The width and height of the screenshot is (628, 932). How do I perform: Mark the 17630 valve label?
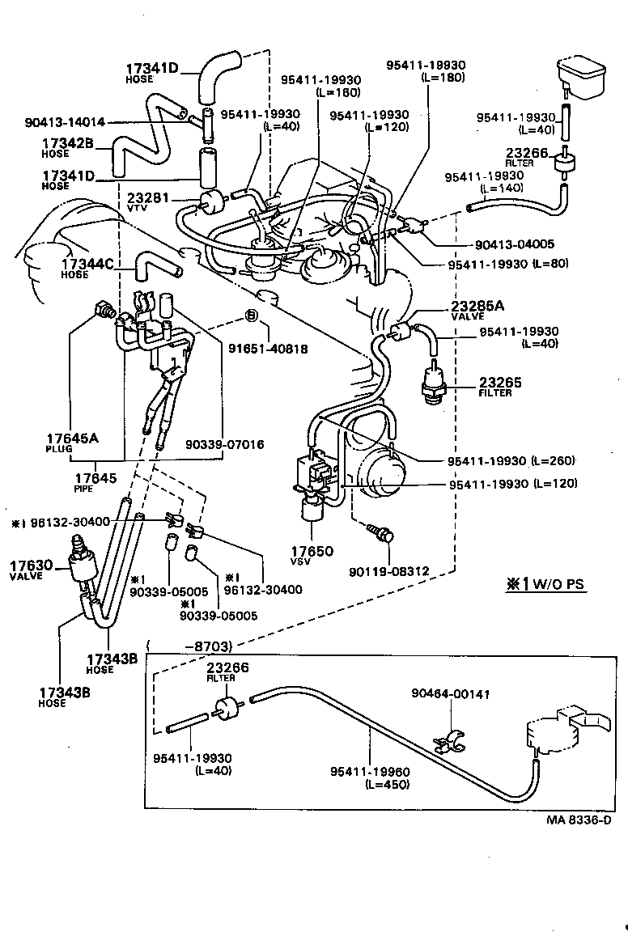32,569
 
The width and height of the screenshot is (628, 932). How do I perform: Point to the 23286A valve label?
477,309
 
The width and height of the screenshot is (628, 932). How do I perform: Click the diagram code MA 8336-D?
578,820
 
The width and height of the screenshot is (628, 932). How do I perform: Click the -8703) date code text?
210,646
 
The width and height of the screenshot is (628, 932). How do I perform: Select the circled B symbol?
251,315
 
